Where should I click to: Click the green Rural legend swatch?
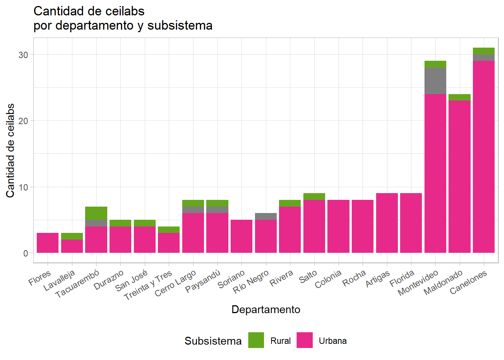pyautogui.click(x=256, y=340)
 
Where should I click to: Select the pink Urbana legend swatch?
pyautogui.click(x=304, y=340)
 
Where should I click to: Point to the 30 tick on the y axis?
pyautogui.click(x=23, y=55)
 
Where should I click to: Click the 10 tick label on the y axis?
pyautogui.click(x=23, y=187)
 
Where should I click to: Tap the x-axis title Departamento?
pyautogui.click(x=265, y=309)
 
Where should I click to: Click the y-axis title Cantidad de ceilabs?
pyautogui.click(x=10, y=150)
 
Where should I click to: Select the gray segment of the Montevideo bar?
pyautogui.click(x=435, y=81)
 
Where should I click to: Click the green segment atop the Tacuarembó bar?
pyautogui.click(x=96, y=213)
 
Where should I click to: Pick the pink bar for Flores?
pyautogui.click(x=48, y=243)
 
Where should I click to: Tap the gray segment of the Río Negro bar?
pyautogui.click(x=265, y=216)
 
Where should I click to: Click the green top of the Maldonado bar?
pyautogui.click(x=459, y=97)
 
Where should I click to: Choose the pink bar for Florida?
pyautogui.click(x=411, y=223)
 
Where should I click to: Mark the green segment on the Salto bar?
pyautogui.click(x=314, y=196)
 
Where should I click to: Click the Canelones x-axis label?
pyautogui.click(x=468, y=282)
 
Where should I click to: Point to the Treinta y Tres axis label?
pyautogui.click(x=148, y=285)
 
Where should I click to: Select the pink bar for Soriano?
pyautogui.click(x=241, y=236)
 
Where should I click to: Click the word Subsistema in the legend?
pyautogui.click(x=213, y=341)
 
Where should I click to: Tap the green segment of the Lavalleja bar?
pyautogui.click(x=72, y=236)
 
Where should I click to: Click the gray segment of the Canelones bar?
pyautogui.click(x=484, y=58)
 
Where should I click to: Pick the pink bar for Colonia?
pyautogui.click(x=338, y=226)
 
